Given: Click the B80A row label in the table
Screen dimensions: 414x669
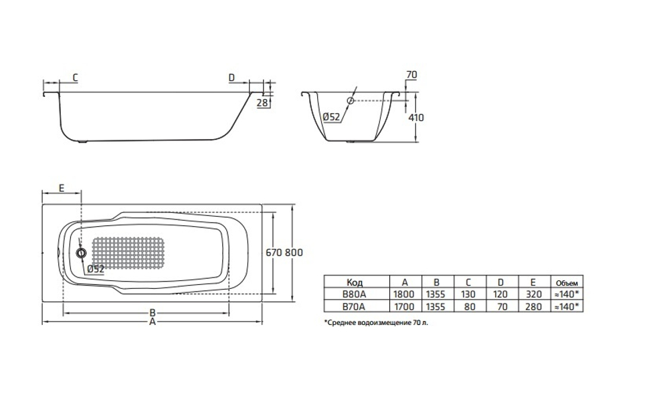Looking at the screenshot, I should (355, 294).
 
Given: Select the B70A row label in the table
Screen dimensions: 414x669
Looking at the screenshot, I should (355, 306).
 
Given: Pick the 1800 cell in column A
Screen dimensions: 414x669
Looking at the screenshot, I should (405, 294).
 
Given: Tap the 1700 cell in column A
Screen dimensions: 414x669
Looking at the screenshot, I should (405, 306).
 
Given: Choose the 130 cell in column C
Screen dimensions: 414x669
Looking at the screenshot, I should (468, 294).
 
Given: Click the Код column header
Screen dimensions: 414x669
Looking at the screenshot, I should (355, 282).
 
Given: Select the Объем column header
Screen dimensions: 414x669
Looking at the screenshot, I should (565, 282).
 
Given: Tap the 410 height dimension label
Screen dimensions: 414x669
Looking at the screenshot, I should (415, 117).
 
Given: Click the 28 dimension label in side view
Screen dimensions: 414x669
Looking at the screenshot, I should (263, 102).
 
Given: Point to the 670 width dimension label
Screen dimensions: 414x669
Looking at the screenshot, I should (274, 253).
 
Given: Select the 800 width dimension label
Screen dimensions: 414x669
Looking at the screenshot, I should (294, 253).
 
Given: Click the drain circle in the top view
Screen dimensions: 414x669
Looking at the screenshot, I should (82, 253).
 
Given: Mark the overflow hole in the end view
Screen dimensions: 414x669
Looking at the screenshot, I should (350, 101).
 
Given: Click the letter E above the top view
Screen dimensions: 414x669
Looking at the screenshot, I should (61, 189).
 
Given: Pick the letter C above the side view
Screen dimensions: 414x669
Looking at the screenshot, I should (75, 78).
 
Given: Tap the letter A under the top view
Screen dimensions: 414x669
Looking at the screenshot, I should (153, 322).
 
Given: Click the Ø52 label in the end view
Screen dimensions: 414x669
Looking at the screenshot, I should (332, 117).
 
